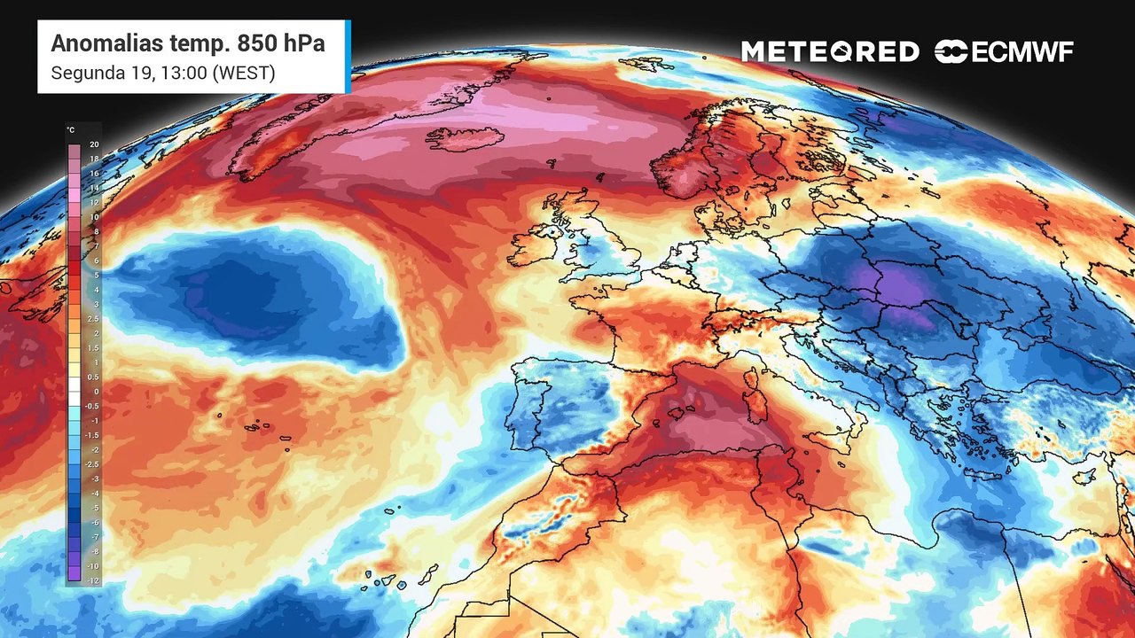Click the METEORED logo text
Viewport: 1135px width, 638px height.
pyautogui.click(x=830, y=52)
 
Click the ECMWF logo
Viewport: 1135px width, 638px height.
pyautogui.click(x=1004, y=52)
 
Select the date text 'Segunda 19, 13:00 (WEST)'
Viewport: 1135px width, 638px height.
pyautogui.click(x=162, y=73)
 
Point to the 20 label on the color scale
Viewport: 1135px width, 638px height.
pyautogui.click(x=94, y=144)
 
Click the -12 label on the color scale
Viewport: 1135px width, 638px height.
pyautogui.click(x=94, y=580)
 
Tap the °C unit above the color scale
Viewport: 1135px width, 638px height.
pyautogui.click(x=70, y=130)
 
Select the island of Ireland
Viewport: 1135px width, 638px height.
pyautogui.click(x=536, y=245)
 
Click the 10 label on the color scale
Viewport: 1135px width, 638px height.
pyautogui.click(x=94, y=217)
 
